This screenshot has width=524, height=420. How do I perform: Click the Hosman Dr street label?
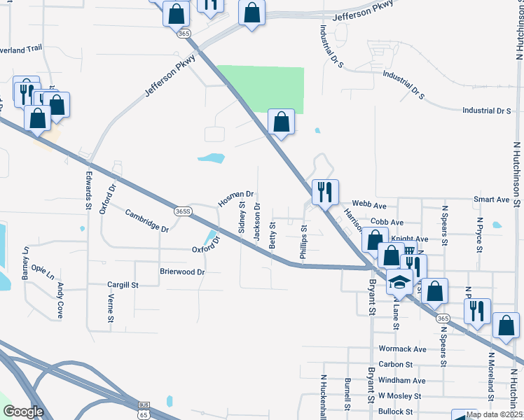coord(235,199)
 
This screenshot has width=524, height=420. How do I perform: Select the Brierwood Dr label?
coord(182,272)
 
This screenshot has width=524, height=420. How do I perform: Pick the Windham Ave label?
coord(401,380)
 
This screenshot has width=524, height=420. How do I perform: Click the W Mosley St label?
coord(399,395)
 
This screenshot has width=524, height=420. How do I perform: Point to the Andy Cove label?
coord(61,300)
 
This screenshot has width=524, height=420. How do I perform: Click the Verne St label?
coord(111,308)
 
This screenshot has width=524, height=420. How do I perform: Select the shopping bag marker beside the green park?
coord(281,122)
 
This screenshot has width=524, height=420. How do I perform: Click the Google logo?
coord(23,412)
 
